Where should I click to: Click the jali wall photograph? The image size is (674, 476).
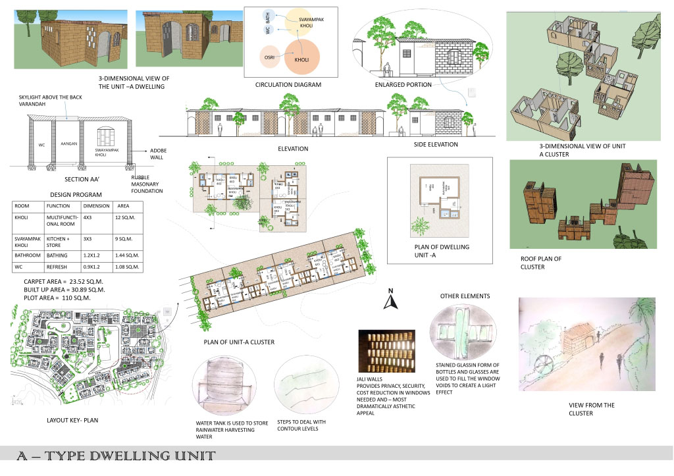point(386,351)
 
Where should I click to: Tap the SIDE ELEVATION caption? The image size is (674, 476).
point(436,144)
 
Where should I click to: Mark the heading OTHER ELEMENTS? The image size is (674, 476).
point(465,296)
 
